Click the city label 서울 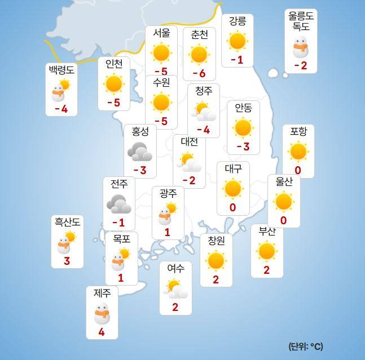pyautogui.click(x=161, y=33)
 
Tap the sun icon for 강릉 pyautogui.click(x=237, y=41)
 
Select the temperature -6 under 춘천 pyautogui.click(x=199, y=73)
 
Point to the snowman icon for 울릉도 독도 pyautogui.click(x=301, y=48)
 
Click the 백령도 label pyautogui.click(x=61, y=70)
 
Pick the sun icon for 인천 pyautogui.click(x=114, y=83)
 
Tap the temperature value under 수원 pyautogui.click(x=161, y=121)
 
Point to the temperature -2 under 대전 pyautogui.click(x=189, y=180)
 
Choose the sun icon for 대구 pyautogui.click(x=233, y=188)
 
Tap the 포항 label pyautogui.click(x=298, y=131)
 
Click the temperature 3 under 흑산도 pyautogui.click(x=67, y=260)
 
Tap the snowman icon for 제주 pyautogui.click(x=102, y=313)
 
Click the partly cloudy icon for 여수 pyautogui.click(x=176, y=288)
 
